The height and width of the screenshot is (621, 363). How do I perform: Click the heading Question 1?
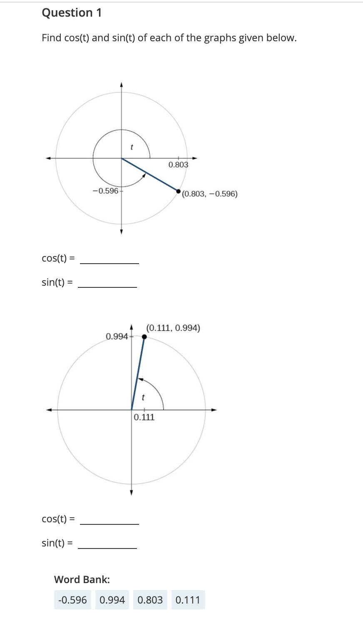pos(72,13)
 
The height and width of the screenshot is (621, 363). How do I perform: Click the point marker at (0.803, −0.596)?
pos(179,192)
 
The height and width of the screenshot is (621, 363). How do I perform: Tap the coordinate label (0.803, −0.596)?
pos(210,194)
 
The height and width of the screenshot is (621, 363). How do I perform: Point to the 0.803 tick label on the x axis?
pos(178,165)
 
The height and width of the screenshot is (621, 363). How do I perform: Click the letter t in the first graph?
pos(132,147)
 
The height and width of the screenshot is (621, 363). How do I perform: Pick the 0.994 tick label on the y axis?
pos(117,336)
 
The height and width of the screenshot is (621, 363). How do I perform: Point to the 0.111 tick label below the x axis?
pos(144,417)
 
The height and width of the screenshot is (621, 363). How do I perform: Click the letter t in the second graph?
pos(143,397)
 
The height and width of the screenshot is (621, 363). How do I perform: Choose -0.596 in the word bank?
pos(73,600)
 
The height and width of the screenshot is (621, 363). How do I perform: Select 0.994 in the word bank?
pos(112,600)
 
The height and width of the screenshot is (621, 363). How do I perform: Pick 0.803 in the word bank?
pos(150,600)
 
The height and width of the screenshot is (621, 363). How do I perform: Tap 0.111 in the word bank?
pos(188,600)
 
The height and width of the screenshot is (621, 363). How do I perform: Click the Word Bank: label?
pos(82,579)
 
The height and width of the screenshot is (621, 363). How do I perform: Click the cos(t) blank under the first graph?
pos(109,259)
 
